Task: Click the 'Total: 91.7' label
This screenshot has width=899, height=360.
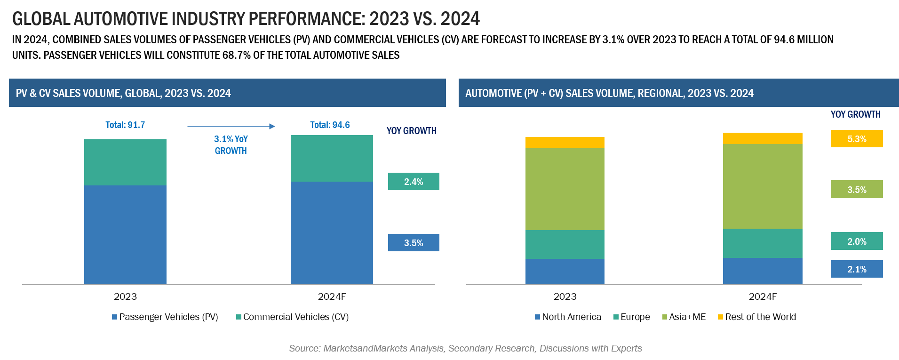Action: point(125,125)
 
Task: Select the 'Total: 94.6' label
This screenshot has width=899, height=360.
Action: point(330,125)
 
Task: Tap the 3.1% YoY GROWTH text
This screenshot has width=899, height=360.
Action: point(231,145)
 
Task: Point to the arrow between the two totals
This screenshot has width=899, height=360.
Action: point(231,126)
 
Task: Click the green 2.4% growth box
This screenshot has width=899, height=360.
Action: point(414,182)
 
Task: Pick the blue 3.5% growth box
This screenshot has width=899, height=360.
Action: point(414,243)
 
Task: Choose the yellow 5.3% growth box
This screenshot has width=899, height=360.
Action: point(857,139)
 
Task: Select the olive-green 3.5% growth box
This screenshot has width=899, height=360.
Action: point(857,190)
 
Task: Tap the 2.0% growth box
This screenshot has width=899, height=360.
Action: point(857,241)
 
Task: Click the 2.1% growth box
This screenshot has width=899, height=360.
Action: point(857,269)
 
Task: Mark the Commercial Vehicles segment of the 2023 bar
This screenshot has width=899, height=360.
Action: point(125,162)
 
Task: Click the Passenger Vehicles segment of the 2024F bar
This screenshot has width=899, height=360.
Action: point(332,233)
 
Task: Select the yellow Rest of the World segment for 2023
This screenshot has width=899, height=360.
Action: point(565,143)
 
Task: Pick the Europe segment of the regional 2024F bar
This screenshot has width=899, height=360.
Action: point(763,243)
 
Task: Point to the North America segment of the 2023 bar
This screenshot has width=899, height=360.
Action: point(565,272)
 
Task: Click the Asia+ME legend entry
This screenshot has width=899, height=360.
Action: point(684,317)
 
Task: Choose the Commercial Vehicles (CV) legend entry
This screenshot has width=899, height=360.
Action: point(293,317)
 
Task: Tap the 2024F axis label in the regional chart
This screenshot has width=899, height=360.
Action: point(763,297)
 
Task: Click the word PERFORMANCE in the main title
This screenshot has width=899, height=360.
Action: point(306,19)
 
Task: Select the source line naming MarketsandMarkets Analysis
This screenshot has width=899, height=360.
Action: point(465,349)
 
